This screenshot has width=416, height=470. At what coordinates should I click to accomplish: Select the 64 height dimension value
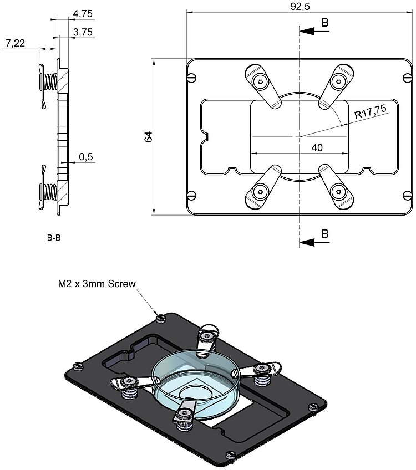pos(148,136)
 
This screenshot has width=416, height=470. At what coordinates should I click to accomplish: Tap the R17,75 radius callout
pos(370,114)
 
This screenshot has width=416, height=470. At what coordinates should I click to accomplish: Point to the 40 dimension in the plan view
pos(317,147)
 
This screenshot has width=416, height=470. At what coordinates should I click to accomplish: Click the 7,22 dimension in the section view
pos(15,43)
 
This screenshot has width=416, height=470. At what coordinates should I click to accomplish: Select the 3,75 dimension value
pos(83,32)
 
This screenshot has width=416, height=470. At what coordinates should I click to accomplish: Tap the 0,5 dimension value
pos(86,157)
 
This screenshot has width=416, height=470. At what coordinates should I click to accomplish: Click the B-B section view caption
pos(54,238)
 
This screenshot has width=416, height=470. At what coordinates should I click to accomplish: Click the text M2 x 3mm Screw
pos(97,284)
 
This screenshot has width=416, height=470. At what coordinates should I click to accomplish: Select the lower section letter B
pos(325,233)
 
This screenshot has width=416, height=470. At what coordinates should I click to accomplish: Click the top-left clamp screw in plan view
pos(259,82)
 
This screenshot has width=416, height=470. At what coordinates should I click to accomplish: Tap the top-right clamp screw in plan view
pos(337,82)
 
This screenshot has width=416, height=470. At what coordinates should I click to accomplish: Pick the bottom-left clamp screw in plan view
pos(259,192)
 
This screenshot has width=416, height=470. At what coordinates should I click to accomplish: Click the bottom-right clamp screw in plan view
pos(337,192)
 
